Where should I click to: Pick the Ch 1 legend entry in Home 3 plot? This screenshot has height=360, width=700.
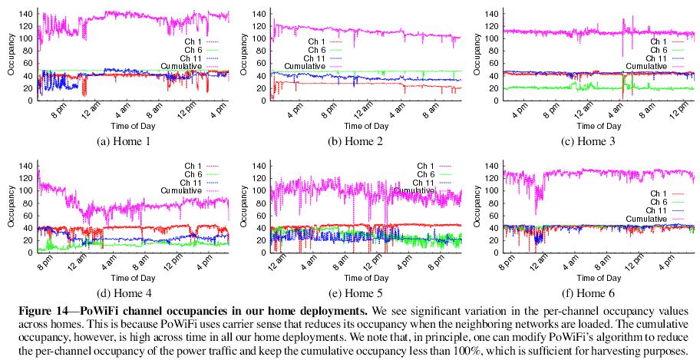click(659, 41)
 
